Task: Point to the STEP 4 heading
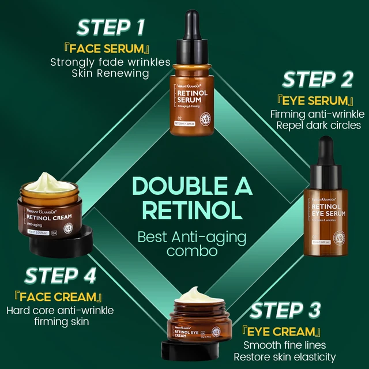click(60, 276)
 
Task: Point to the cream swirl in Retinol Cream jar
click(50, 186)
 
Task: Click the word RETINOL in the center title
click(184, 211)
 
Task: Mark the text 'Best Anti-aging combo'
click(184, 243)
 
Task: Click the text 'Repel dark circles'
click(316, 125)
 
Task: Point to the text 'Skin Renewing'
click(110, 73)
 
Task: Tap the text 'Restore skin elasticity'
click(289, 357)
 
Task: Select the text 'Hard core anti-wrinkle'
click(60, 310)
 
